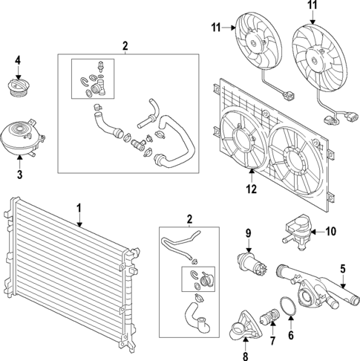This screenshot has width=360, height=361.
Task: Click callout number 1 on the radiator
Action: pyautogui.click(x=78, y=210)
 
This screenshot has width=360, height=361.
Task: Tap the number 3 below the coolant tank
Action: pyautogui.click(x=19, y=175)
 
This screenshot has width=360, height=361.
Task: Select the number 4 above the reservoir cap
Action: pyautogui.click(x=18, y=60)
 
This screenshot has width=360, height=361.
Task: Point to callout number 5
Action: pyautogui.click(x=344, y=269)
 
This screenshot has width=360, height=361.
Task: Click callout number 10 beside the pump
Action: pyautogui.click(x=330, y=231)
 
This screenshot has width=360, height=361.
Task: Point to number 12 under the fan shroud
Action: pyautogui.click(x=251, y=189)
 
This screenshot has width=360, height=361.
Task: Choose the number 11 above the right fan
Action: pyautogui.click(x=312, y=5)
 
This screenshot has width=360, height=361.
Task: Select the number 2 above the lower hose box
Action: pyautogui.click(x=189, y=219)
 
